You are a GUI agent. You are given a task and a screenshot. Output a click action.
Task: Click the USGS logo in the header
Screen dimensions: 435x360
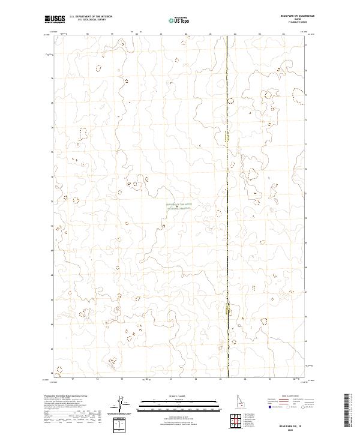pyautogui.click(x=55, y=19)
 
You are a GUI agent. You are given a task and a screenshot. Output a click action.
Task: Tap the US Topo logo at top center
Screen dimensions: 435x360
pyautogui.click(x=180, y=20)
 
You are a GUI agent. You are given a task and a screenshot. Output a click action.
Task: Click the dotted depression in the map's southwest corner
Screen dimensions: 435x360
pyautogui.click(x=58, y=371)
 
